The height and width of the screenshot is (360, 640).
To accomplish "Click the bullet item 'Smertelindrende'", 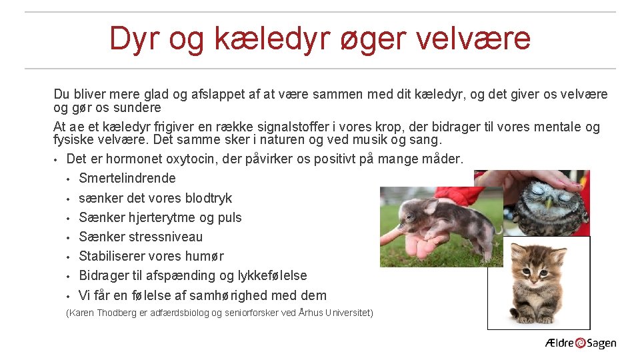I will click(x=127, y=178).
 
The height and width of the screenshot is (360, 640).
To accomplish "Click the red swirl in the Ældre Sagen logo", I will click(x=580, y=343).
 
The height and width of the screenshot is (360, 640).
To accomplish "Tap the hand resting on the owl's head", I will click(x=533, y=178).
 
